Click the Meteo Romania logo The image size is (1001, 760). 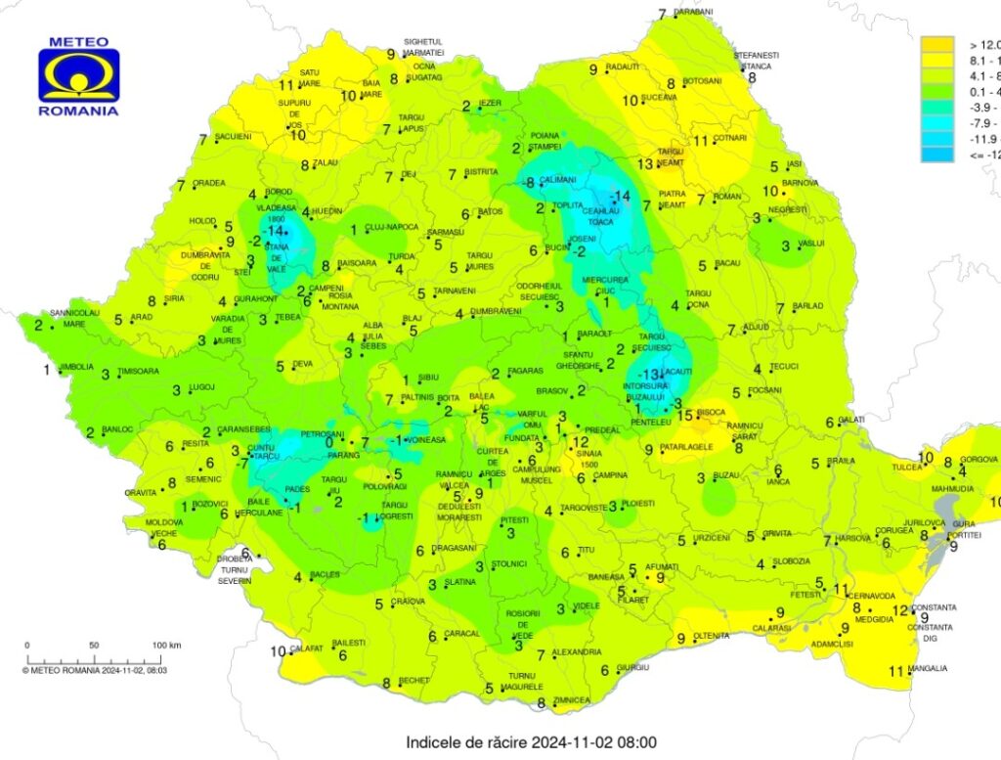(79, 75)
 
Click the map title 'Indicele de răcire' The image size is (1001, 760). (531, 743)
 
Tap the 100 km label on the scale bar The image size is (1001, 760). (167, 646)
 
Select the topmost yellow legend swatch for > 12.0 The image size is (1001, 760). (938, 44)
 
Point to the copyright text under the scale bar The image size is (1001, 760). (95, 670)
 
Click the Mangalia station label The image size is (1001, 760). (928, 669)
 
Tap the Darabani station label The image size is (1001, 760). (693, 12)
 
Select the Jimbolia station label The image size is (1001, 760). (76, 367)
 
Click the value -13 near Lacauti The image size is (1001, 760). (647, 375)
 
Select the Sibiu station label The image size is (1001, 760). (428, 377)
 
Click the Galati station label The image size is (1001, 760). (852, 420)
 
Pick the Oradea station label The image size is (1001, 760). (209, 183)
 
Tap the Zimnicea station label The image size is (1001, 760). (571, 700)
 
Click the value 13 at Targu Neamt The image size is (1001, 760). (644, 164)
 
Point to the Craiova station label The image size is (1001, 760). (408, 602)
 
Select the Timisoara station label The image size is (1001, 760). (138, 372)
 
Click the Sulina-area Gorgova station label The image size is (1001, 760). (979, 460)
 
